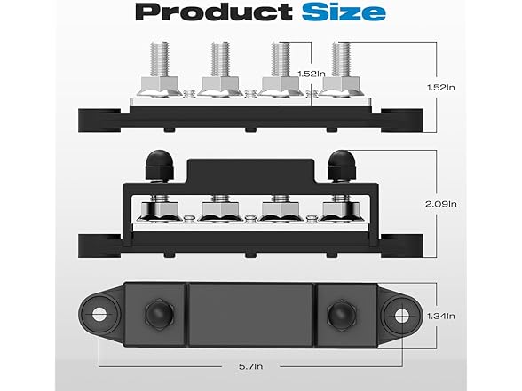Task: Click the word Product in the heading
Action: click(x=213, y=12)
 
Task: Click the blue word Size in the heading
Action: click(x=344, y=12)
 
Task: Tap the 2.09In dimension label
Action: click(x=441, y=204)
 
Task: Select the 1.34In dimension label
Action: click(x=441, y=316)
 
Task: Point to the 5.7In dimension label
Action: click(x=250, y=366)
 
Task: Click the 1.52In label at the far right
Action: click(x=441, y=88)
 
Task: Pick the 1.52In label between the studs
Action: click(x=312, y=74)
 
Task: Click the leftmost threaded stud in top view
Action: click(x=160, y=59)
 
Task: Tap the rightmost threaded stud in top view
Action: click(x=342, y=59)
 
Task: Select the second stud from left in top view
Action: click(x=220, y=59)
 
